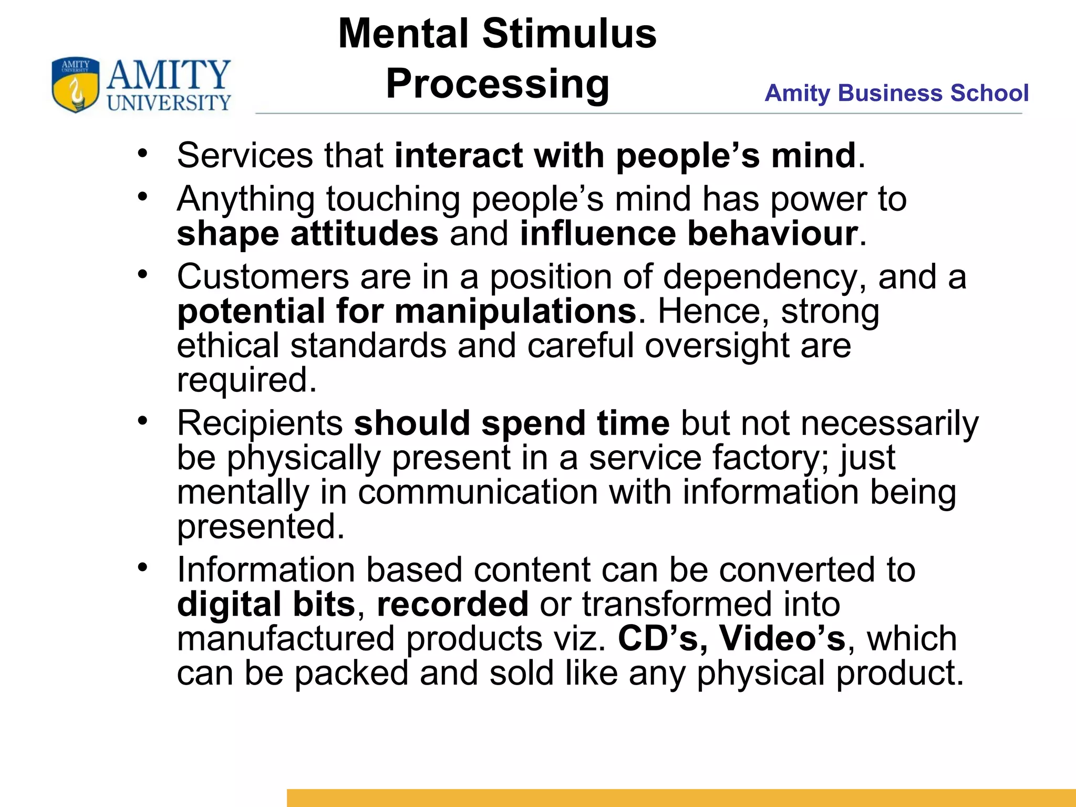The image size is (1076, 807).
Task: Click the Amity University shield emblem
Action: (x=75, y=85)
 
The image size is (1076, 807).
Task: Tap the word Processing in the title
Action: (x=498, y=84)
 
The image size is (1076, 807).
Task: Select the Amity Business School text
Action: (x=896, y=93)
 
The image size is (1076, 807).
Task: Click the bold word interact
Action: (x=459, y=156)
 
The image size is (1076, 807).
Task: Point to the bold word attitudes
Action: (x=364, y=233)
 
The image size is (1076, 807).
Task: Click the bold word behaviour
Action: (x=773, y=233)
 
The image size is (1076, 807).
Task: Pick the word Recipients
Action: (x=260, y=423)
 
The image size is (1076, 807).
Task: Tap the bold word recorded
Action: (x=452, y=604)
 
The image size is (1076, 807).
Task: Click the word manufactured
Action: (x=285, y=638)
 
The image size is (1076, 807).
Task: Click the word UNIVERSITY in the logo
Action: (x=169, y=102)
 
